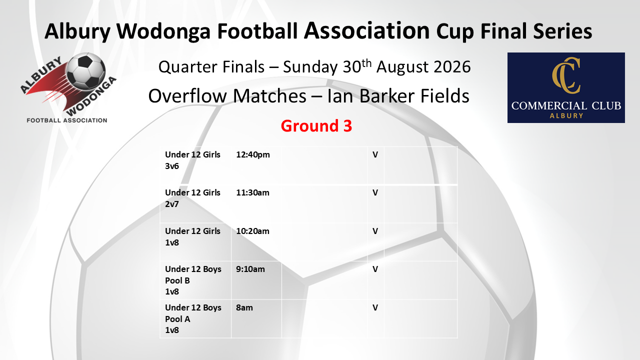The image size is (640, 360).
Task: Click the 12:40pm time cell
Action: click(253, 155)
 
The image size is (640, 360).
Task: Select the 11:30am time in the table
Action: click(252, 193)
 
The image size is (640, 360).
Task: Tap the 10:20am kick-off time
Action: click(252, 231)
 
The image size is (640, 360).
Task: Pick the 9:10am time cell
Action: click(250, 269)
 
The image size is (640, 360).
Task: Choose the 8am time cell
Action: click(244, 307)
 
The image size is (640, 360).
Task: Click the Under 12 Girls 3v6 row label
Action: click(192, 160)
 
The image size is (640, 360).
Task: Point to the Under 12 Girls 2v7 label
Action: click(192, 198)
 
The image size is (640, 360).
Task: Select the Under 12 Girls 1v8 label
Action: click(192, 236)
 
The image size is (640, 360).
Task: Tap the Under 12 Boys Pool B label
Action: click(193, 280)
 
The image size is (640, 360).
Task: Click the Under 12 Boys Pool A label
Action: click(193, 318)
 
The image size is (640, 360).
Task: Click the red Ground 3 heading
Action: click(316, 126)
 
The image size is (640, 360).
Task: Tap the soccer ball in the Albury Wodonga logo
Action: click(86, 71)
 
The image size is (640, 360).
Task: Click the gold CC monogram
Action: click(566, 75)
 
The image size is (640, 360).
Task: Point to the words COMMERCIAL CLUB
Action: click(566, 106)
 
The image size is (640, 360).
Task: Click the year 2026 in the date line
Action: click(452, 67)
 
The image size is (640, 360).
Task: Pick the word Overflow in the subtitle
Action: click(188, 95)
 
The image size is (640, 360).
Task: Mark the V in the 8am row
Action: click(375, 307)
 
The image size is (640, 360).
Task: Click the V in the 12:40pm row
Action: click(375, 155)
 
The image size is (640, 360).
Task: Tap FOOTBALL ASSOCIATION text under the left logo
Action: click(67, 120)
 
